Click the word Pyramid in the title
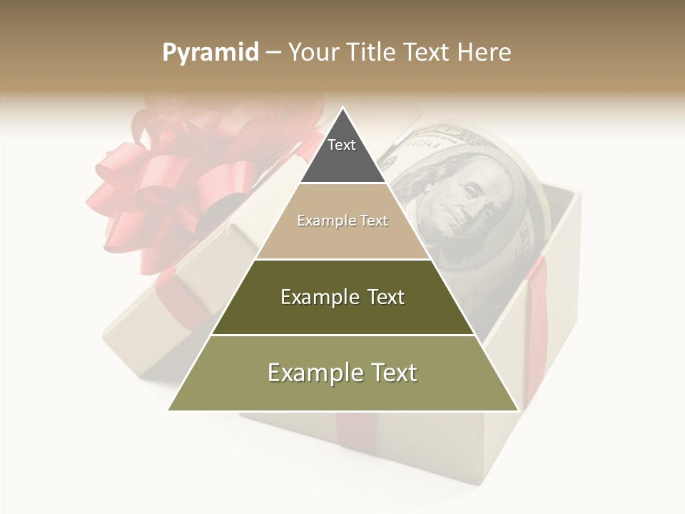[210, 53]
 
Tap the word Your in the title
[313, 53]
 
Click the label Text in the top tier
[342, 145]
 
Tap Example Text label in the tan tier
[342, 221]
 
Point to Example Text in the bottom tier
[342, 373]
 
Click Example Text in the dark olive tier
[342, 297]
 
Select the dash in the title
[272, 53]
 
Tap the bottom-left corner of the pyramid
[169, 410]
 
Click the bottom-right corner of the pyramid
[517, 410]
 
